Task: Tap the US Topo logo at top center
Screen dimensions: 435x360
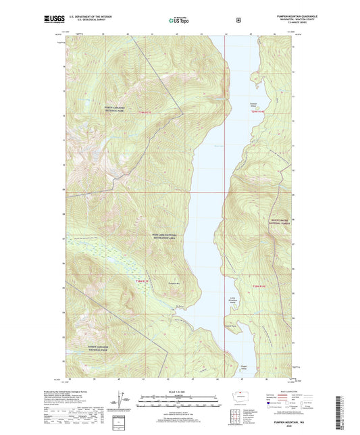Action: click(x=180, y=20)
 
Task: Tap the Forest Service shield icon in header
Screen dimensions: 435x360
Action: click(x=238, y=20)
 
